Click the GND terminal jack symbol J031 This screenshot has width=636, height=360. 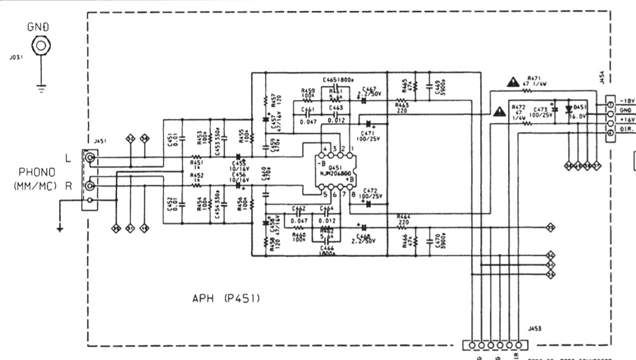(x=41, y=46)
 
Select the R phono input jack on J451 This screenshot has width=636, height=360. (x=90, y=185)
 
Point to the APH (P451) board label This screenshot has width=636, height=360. (x=227, y=298)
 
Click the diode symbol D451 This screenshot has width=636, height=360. (x=569, y=110)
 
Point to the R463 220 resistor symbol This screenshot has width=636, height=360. (x=401, y=101)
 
